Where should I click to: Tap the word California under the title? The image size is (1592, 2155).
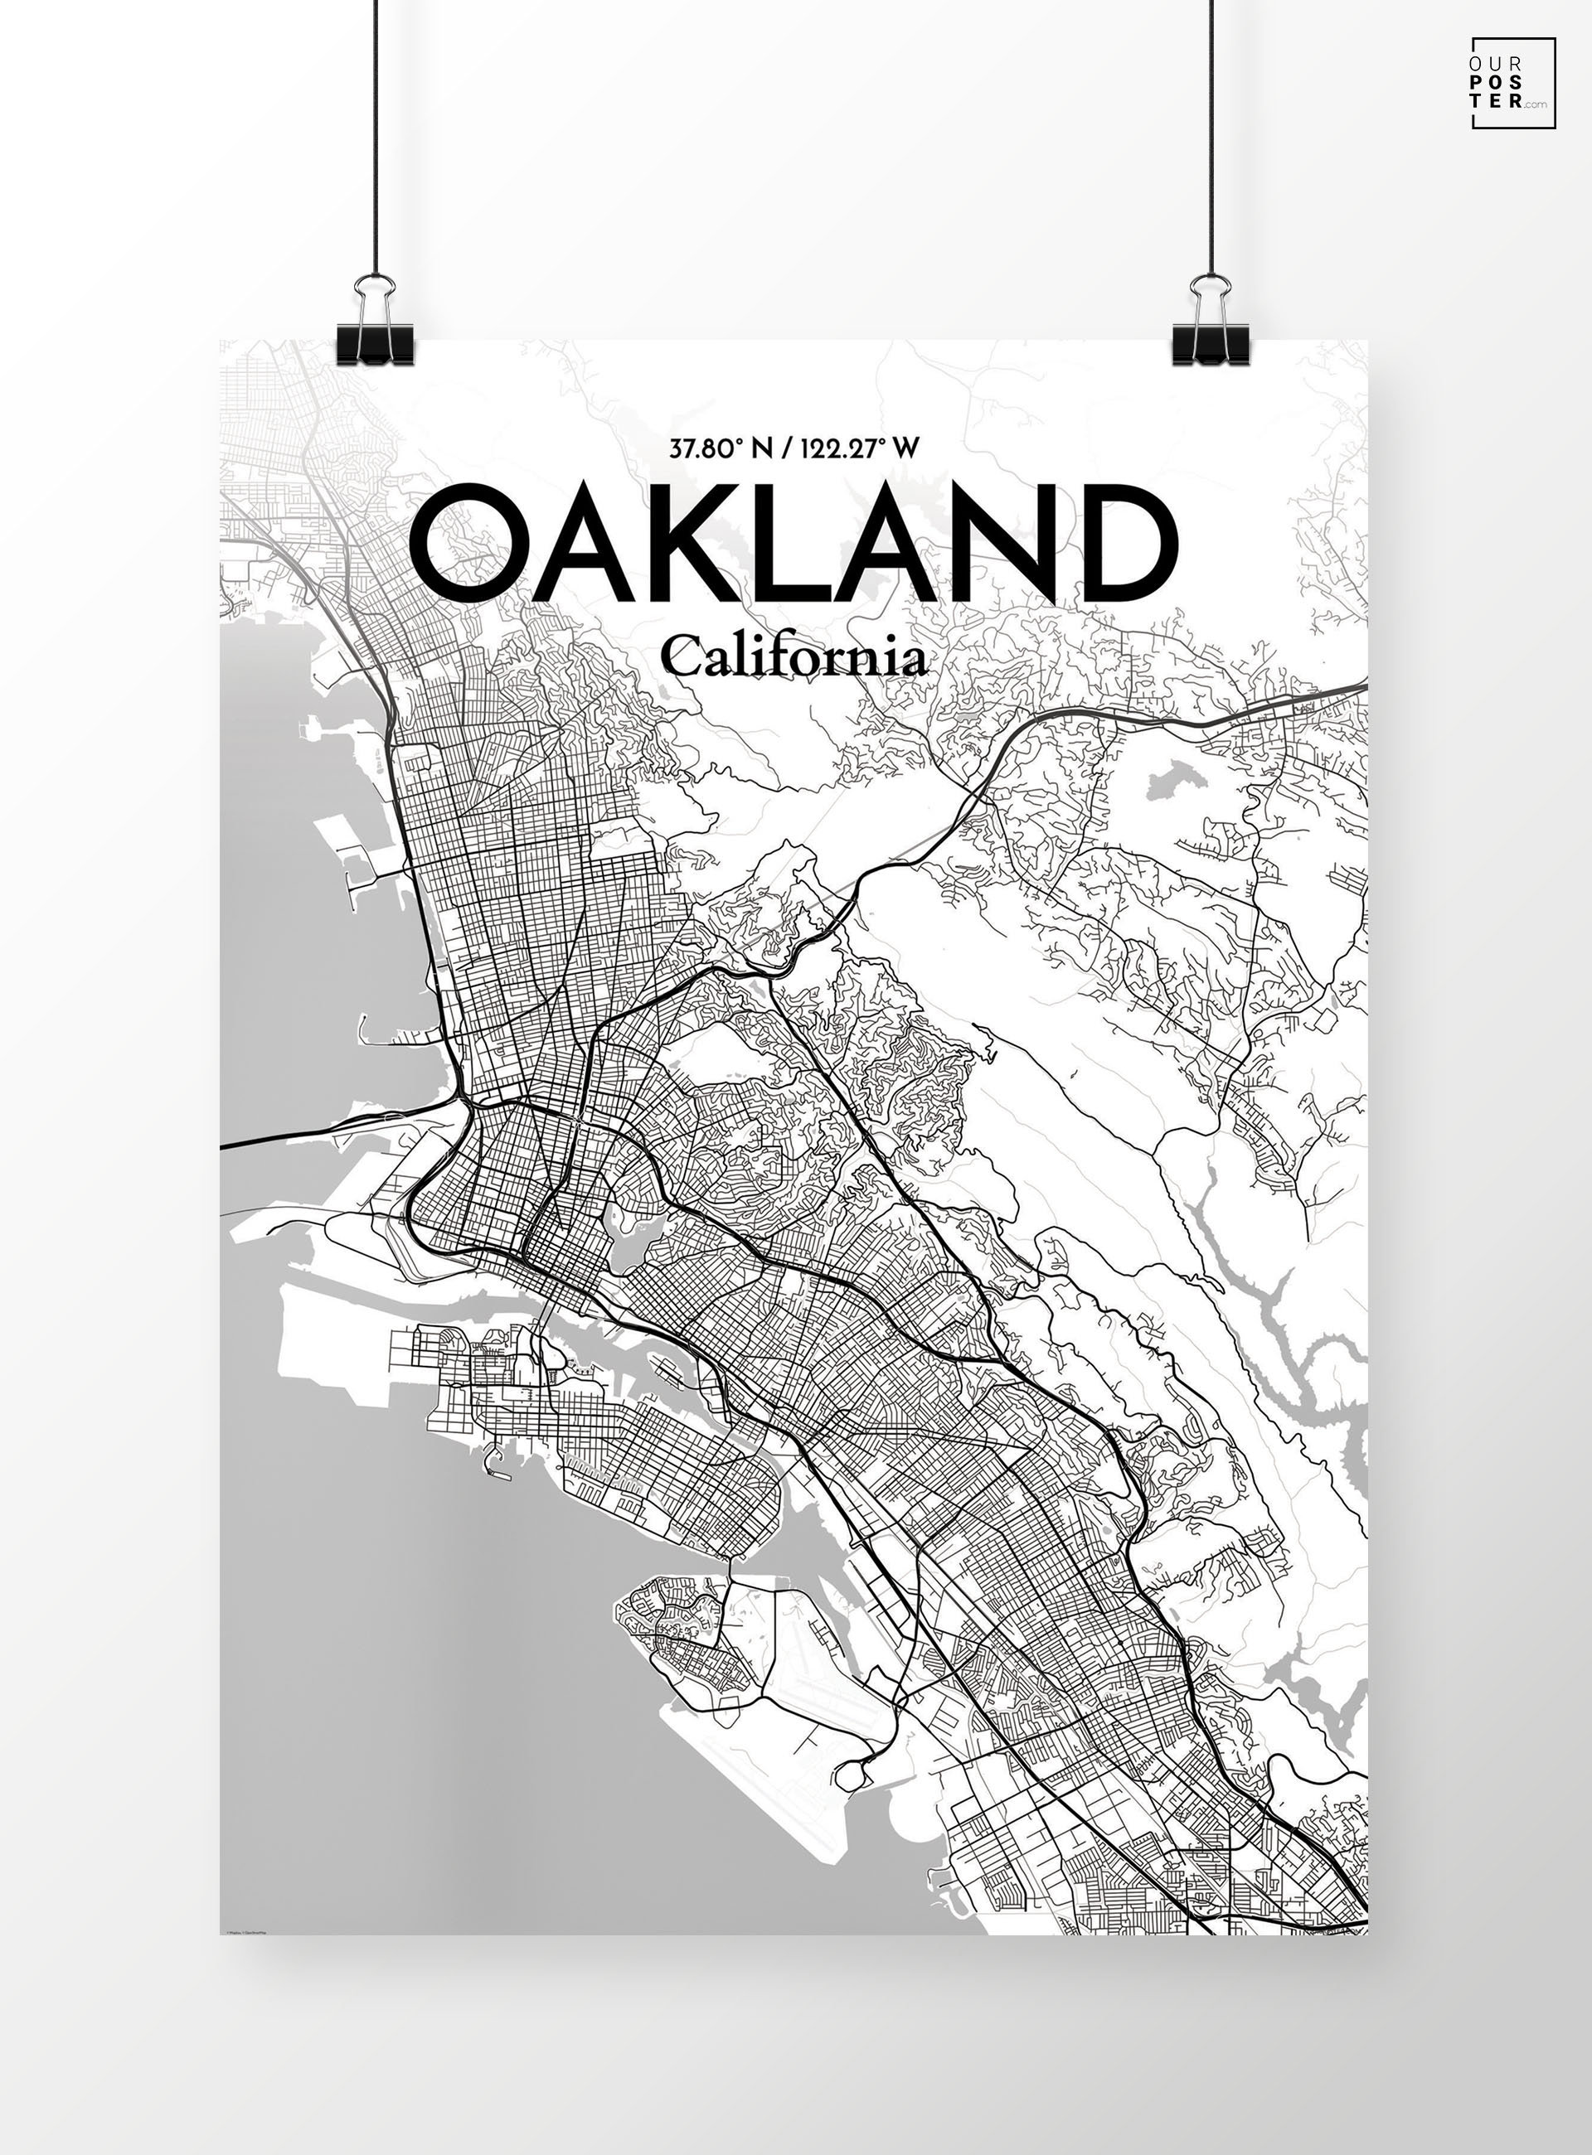point(794,659)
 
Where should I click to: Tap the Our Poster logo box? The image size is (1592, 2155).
point(1512,83)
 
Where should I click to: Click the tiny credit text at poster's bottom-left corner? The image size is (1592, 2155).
point(245,1930)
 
